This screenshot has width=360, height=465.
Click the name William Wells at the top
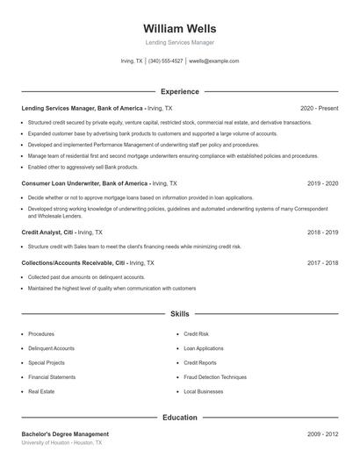coord(179,28)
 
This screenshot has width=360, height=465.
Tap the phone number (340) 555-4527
coord(165,61)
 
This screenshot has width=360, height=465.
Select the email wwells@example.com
coord(213,61)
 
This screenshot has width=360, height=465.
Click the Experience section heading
coord(179,91)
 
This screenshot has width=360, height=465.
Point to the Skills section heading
coord(179,313)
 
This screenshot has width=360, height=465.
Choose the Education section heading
coord(179,418)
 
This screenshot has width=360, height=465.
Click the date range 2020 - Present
coord(319,108)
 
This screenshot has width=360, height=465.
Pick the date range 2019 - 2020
coord(322,183)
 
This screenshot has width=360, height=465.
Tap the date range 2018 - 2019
coord(322,232)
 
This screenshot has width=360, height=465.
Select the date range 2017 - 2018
coord(322,262)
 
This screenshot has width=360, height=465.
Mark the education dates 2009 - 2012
coord(322,433)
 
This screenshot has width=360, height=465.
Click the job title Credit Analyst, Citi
coord(47,232)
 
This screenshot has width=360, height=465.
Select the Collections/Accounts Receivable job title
coord(73,262)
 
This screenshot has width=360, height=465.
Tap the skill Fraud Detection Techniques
coord(215,376)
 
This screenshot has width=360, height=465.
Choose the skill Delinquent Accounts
coord(51,348)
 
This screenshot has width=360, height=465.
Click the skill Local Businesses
coord(203,391)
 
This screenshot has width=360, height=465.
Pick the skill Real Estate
coord(40,391)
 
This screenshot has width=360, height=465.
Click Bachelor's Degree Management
coord(65,433)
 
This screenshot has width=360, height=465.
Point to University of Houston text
coord(46,443)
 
